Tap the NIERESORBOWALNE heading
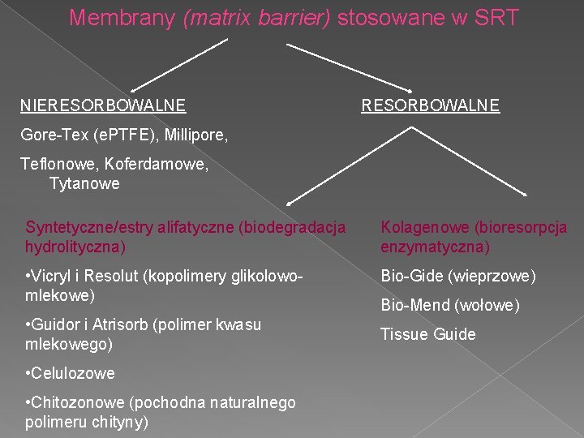click(103, 105)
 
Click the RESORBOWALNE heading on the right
click(431, 105)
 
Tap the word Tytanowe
click(84, 184)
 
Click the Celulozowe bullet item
click(71, 374)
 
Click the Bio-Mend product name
click(413, 306)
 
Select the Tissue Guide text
click(427, 334)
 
